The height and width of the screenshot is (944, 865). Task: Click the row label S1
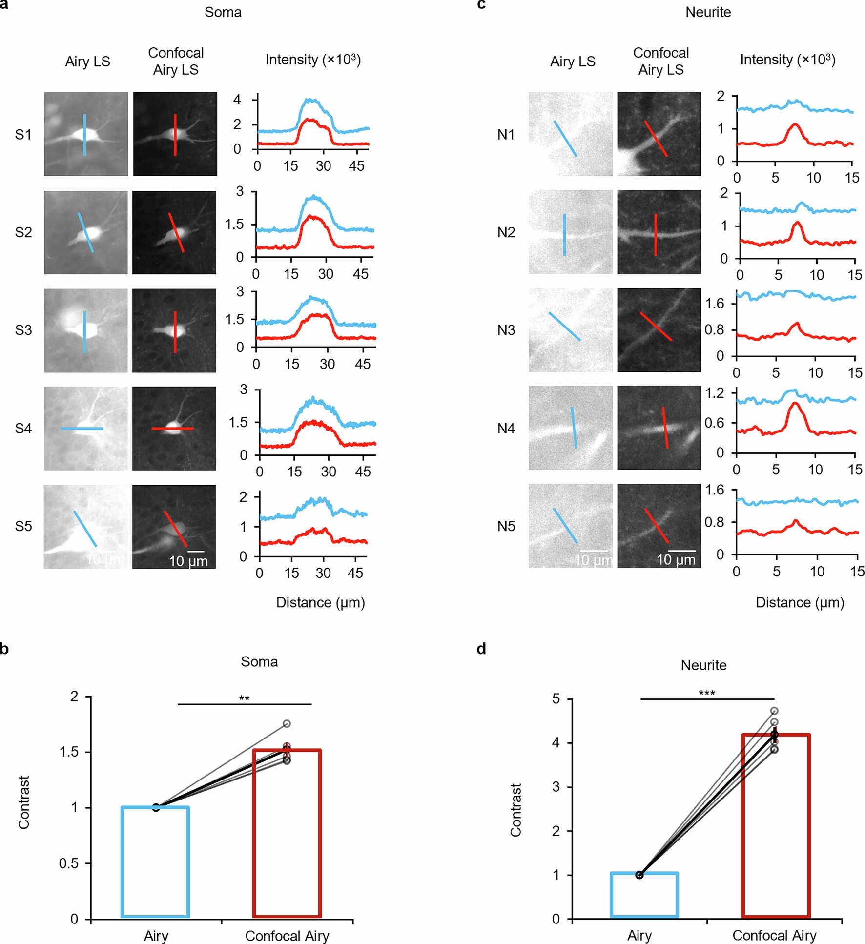point(23,135)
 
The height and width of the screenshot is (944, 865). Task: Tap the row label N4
point(506,429)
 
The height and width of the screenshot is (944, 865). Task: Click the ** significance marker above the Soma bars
point(244,698)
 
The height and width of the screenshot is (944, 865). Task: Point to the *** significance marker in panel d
point(706,694)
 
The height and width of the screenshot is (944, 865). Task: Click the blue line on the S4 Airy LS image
point(82,429)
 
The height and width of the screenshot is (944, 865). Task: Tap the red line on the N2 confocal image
point(655,235)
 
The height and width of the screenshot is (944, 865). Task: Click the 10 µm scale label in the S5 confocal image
point(188,561)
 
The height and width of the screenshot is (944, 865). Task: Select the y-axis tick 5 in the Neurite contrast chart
point(556,699)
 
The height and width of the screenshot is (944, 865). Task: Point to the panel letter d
point(481,649)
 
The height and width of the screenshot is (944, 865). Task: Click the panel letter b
point(4,649)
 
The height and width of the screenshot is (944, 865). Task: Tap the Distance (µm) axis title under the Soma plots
point(320,602)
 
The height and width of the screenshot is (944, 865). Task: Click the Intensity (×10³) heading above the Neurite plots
point(787,60)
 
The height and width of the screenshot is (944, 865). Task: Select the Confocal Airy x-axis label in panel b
point(287,936)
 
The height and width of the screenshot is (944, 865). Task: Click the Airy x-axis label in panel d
point(639,935)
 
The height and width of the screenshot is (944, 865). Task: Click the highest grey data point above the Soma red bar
point(287,723)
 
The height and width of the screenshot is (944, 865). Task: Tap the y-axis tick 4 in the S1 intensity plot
point(237,100)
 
